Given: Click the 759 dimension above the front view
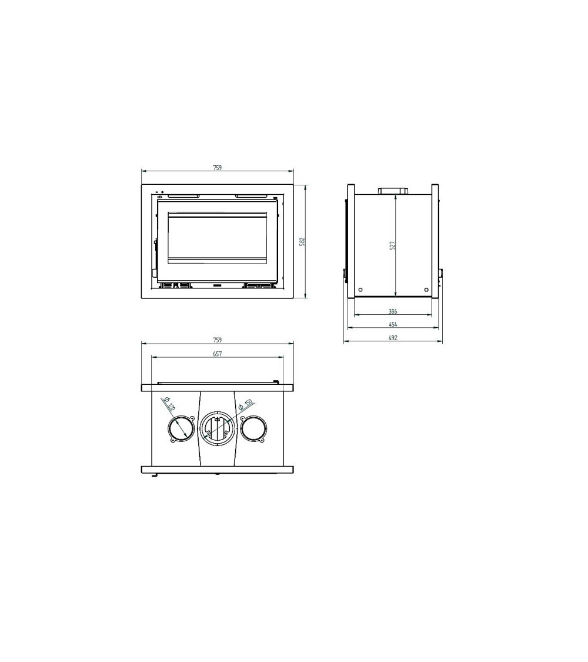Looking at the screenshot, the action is coord(217,168).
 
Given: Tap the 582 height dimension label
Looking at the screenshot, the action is coord(302,241).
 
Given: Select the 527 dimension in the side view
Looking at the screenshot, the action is coord(392,246).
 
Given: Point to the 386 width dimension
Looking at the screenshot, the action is coord(393,311).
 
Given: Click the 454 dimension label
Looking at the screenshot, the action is coord(393,325).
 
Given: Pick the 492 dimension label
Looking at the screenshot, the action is coord(393,338).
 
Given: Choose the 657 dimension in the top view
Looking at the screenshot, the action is coord(217,354).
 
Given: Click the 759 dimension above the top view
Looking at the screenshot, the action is coord(217,340).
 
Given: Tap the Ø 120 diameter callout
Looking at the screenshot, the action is coord(169,404).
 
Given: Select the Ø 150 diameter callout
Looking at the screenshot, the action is coord(246,404).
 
